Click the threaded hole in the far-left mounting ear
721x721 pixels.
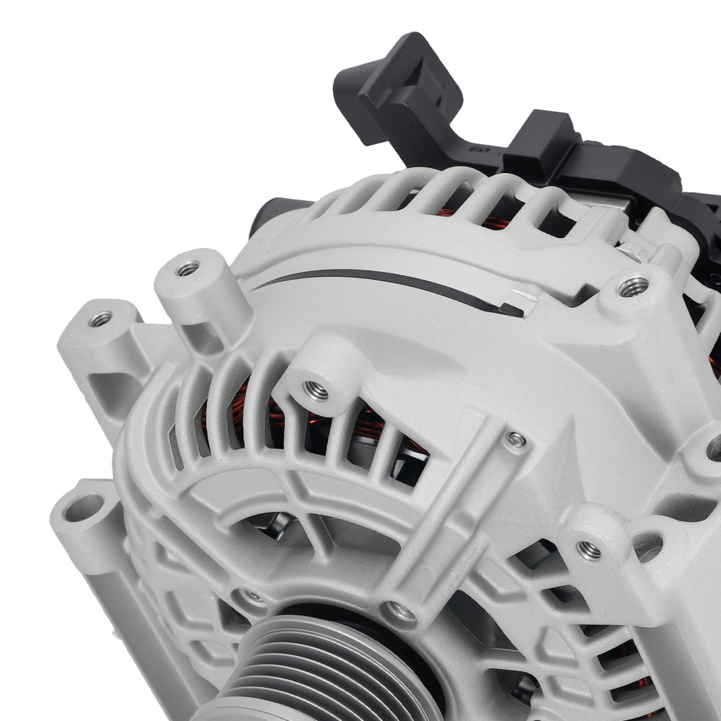tap(102, 318)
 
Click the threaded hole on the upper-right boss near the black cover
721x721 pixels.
tap(633, 286)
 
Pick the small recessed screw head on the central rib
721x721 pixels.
tap(516, 439)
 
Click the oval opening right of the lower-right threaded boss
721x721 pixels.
tap(648, 547)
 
